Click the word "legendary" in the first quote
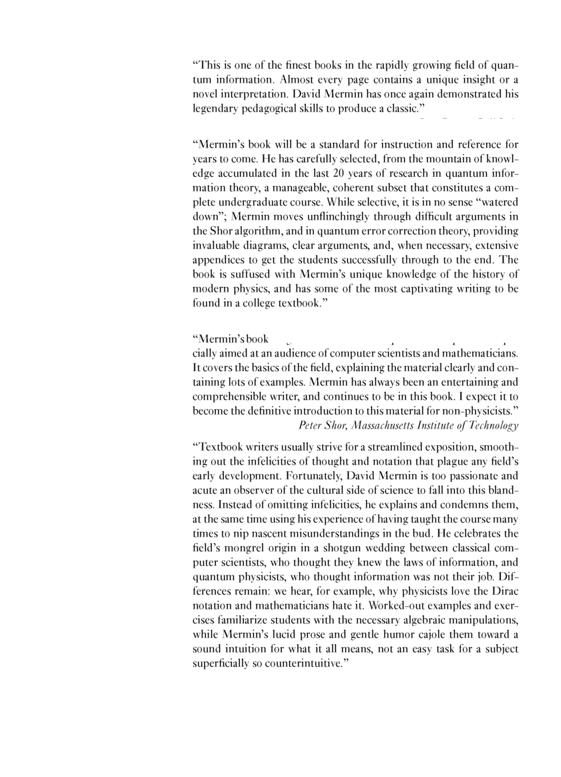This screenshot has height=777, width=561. click(x=216, y=109)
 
